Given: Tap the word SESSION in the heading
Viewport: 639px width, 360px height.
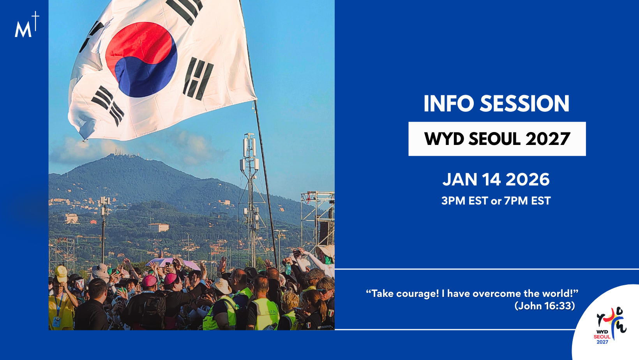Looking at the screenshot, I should tap(524, 104).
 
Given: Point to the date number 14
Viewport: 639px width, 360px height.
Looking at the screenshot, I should tap(491, 180).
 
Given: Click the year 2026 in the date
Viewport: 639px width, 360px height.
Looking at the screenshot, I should tap(528, 180).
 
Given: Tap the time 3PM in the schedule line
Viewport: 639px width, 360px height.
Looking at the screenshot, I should tap(453, 201).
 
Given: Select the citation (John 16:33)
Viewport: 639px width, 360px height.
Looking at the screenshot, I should tap(545, 306).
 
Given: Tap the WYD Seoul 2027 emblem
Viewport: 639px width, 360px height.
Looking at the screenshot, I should tap(611, 325).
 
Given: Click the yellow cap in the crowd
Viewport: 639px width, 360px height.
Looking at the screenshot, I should tap(61, 273).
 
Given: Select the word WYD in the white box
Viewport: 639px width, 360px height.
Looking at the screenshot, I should tap(444, 139).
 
